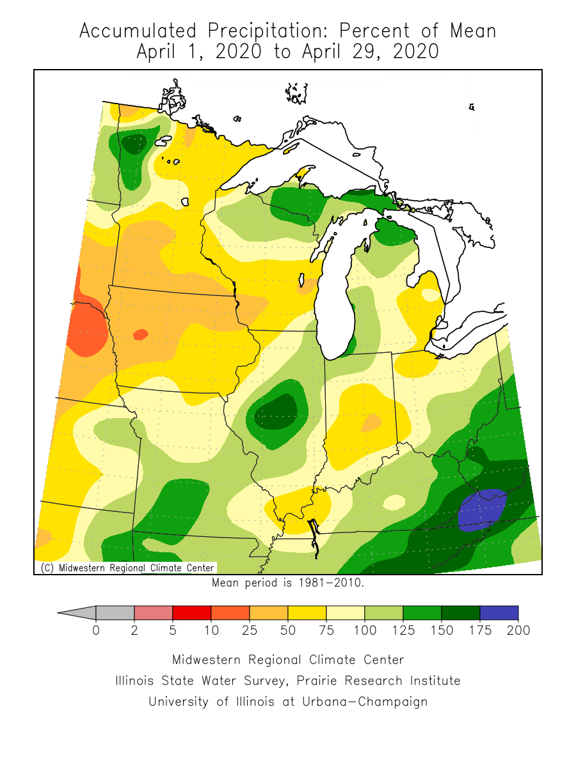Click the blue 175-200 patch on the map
pos(481,509)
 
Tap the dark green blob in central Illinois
pos(276,413)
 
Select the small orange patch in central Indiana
pos(372,422)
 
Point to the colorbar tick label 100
pos(365,631)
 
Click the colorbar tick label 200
pos(518,631)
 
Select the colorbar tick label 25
pos(250,631)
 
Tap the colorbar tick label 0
pos(96,631)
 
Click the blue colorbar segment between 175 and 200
pos(499,613)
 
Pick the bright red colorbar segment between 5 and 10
pos(192,613)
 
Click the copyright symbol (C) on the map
pos(46,568)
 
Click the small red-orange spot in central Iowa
pos(140,334)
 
